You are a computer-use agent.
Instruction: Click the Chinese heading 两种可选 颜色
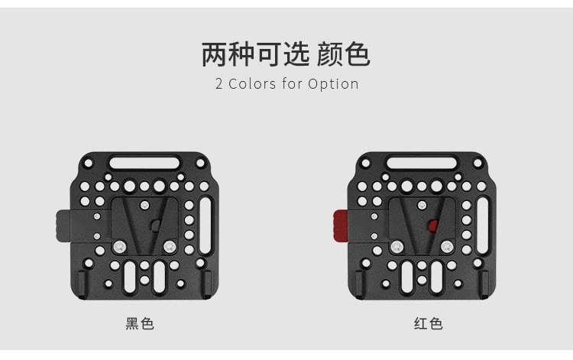pyautogui.click(x=286, y=54)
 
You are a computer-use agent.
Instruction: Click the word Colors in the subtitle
pyautogui.click(x=252, y=84)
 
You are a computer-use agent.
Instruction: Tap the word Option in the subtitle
pyautogui.click(x=333, y=84)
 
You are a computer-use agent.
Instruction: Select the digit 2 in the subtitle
pyautogui.click(x=219, y=84)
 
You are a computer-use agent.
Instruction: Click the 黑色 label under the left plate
pyautogui.click(x=140, y=324)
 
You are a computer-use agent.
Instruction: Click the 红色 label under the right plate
pyautogui.click(x=429, y=324)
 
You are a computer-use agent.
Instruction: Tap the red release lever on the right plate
pyautogui.click(x=341, y=226)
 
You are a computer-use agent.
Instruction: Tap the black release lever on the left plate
pyautogui.click(x=63, y=226)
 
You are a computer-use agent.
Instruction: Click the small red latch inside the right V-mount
pyautogui.click(x=433, y=226)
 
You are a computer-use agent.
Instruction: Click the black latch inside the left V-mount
pyautogui.click(x=156, y=226)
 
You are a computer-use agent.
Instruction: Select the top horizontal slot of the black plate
pyautogui.click(x=144, y=163)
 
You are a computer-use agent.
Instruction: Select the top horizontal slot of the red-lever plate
pyautogui.click(x=422, y=163)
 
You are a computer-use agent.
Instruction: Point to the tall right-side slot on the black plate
pyautogui.click(x=206, y=225)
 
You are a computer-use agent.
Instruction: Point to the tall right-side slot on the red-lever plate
pyautogui.click(x=483, y=225)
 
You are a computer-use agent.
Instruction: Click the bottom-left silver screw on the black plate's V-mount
pyautogui.click(x=119, y=247)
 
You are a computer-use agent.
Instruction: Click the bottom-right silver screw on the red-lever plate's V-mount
pyautogui.click(x=447, y=247)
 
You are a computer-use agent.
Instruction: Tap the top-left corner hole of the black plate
pyautogui.click(x=89, y=163)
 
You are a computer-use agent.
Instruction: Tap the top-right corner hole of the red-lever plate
pyautogui.click(x=477, y=163)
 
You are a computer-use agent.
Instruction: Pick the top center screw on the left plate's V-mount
pyautogui.click(x=145, y=205)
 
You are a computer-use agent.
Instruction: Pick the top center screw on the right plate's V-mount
pyautogui.click(x=422, y=205)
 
